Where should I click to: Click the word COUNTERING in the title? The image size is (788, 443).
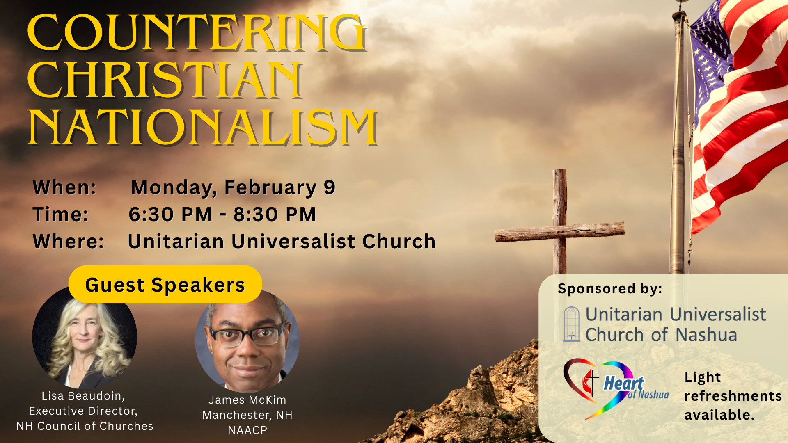coord(197,32)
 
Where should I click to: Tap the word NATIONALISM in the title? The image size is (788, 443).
coord(203,128)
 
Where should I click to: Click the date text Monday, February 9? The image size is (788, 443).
coord(233,188)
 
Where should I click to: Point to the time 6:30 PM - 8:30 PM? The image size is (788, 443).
coord(222,215)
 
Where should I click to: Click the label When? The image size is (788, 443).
coord(64,187)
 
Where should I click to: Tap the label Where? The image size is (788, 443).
coord(69,242)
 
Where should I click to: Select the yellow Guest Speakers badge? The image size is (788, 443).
coord(165,284)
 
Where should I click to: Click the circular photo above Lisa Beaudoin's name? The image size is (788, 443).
coord(85,337)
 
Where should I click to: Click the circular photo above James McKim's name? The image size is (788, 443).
coord(247,340)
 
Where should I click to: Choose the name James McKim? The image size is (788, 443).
coord(247,400)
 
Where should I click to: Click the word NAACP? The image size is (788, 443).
coord(247,430)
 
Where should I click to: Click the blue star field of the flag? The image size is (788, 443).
coord(711,45)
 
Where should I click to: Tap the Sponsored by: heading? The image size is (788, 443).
coord(610,289)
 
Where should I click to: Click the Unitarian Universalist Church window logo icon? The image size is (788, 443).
coord(572,324)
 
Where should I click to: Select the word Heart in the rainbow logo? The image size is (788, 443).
coord(623,384)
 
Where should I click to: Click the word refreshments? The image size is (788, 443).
coord(733,396)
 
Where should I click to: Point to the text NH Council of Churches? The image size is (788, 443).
coord(85,426)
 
